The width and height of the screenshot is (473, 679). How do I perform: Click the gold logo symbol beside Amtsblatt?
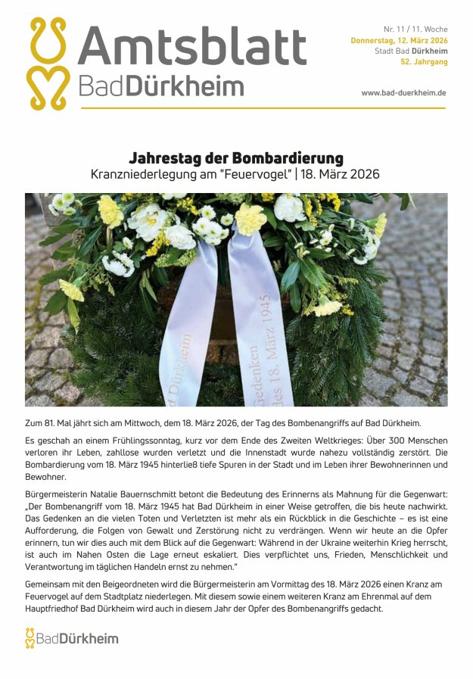[48, 64]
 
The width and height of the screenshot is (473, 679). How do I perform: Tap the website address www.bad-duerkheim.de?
[403, 92]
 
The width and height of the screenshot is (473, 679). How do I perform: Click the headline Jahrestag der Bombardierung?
[236, 158]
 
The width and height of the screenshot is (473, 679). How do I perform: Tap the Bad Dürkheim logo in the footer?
[71, 638]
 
